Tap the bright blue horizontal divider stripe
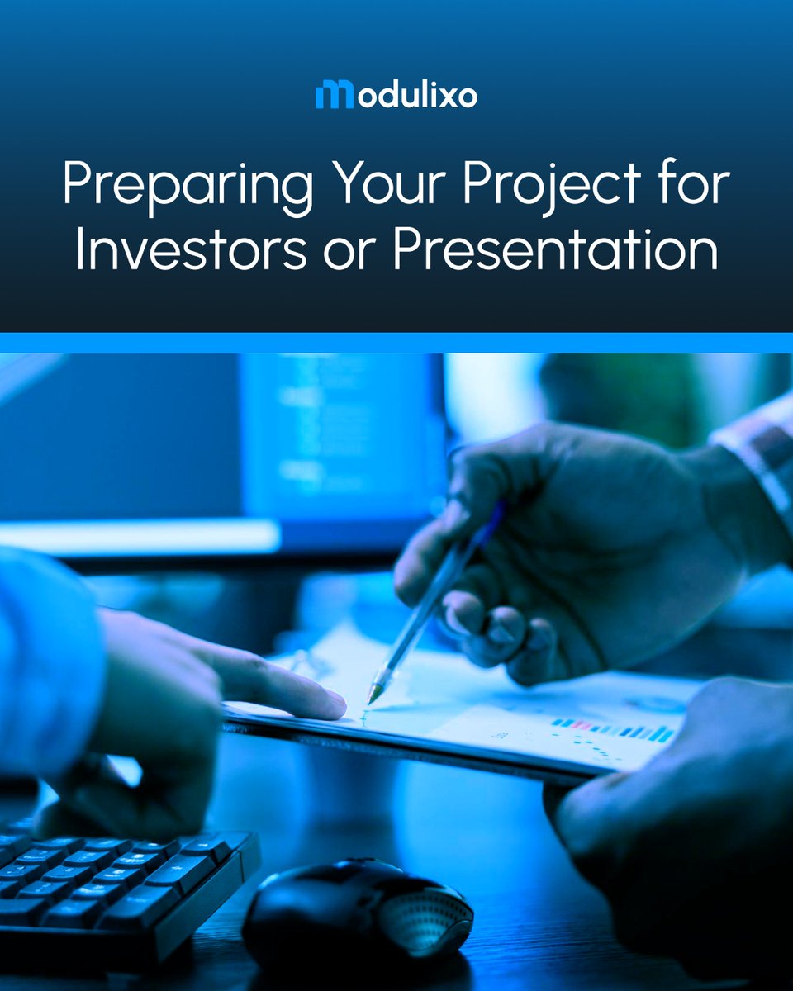tap(396, 343)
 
